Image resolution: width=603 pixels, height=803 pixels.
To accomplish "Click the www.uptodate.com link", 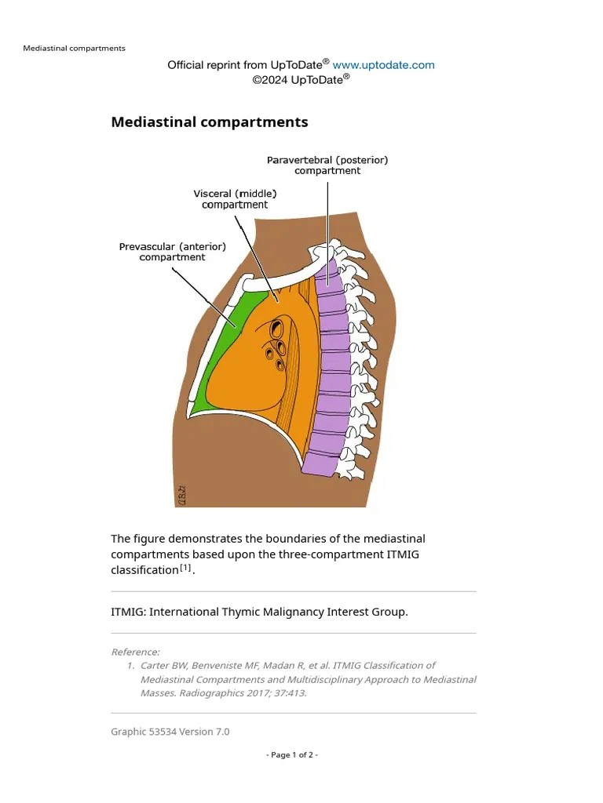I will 383,65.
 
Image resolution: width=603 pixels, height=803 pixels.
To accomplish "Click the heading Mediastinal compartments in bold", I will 210,122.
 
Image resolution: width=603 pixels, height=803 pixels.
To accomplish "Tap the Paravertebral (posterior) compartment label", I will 327,165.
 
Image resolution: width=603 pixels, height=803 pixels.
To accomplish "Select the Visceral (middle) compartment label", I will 235,198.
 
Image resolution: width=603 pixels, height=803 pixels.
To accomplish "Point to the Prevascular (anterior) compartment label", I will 172,252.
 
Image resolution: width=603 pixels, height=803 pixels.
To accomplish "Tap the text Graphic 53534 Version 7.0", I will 170,732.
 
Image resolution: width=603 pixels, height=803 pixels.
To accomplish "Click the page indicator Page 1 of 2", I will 292,754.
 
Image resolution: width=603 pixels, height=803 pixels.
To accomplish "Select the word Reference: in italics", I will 135,652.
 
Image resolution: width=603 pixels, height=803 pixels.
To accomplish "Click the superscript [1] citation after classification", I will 185,567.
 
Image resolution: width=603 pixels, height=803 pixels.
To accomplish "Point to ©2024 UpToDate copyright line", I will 301,80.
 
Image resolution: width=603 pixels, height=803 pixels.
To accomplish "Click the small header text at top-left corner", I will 74,48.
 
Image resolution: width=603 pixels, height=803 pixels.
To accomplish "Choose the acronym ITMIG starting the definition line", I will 126,612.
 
